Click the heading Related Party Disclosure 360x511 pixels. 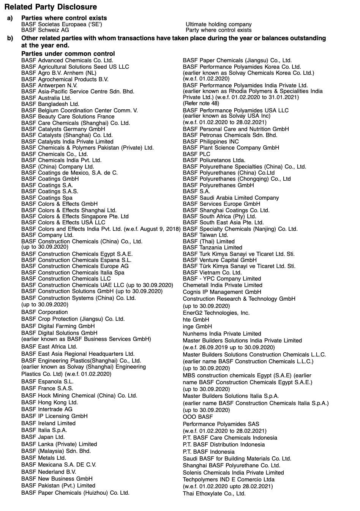[51, 7]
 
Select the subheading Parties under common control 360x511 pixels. [68, 54]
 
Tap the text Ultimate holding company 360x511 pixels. [218, 24]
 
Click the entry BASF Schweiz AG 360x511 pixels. [45, 30]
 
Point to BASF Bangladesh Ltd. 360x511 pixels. [50, 104]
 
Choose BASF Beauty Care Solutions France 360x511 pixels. [68, 117]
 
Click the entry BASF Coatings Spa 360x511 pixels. [47, 198]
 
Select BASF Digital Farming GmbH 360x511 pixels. [58, 326]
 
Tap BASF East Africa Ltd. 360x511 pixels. [49, 347]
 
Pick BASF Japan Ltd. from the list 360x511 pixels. [43, 437]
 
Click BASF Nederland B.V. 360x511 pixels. [49, 472]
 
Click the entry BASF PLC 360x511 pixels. [196, 154]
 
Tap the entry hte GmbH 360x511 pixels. [196, 320]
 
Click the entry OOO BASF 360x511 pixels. [198, 417]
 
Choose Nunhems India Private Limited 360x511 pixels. [222, 334]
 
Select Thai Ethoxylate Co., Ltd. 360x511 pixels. [214, 494]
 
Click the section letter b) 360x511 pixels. [10, 38]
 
